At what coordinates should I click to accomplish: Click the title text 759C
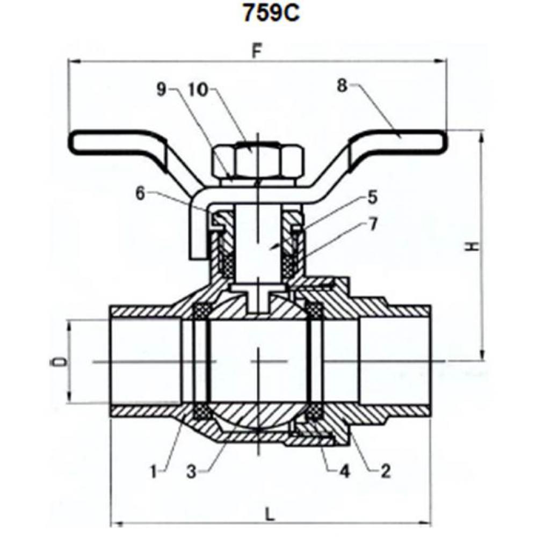[270, 13]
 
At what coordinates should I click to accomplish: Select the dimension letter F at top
[257, 53]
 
